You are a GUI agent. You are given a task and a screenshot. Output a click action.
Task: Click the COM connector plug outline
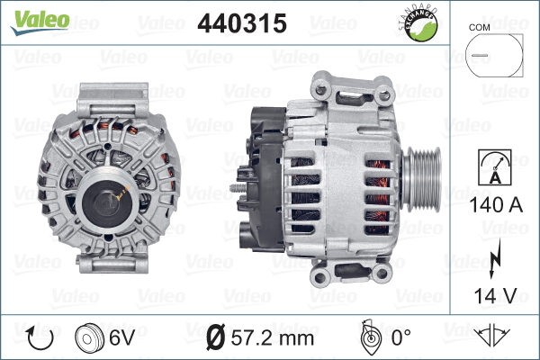493,56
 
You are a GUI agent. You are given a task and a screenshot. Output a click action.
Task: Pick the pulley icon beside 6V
90,338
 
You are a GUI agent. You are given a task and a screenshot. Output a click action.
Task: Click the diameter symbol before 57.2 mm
216,338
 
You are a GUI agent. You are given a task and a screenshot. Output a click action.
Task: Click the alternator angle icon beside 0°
367,337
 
